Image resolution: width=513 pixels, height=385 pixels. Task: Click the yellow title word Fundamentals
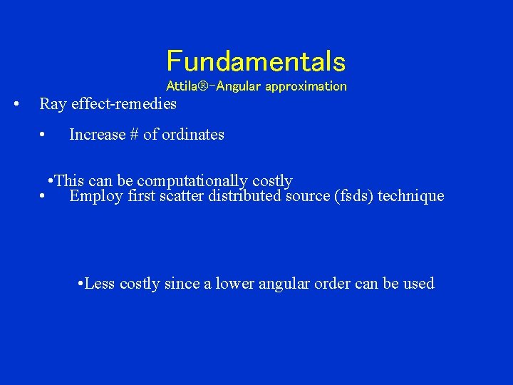coord(256,61)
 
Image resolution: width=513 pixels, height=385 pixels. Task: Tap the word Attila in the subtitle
coord(182,86)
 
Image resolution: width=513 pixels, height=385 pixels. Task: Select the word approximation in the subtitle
coord(309,86)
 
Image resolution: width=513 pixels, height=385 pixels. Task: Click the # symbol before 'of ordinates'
coord(135,135)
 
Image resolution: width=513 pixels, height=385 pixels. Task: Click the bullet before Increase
coord(43,135)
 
